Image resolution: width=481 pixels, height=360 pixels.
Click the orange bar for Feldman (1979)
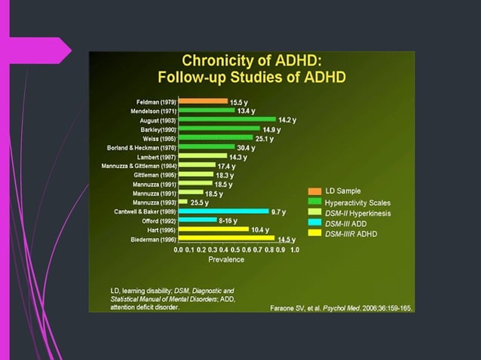[202, 101]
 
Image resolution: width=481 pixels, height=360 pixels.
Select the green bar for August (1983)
[227, 119]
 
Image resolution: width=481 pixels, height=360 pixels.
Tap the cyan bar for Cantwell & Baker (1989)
[223, 212]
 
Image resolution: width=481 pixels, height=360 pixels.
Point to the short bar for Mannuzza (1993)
[182, 202]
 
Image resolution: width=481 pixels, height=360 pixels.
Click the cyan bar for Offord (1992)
[197, 221]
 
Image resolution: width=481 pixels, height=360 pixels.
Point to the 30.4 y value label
[246, 148]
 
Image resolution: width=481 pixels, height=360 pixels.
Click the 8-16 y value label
[228, 221]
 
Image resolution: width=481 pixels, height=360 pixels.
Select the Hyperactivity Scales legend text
[358, 203]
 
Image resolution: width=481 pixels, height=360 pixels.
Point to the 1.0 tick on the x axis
[294, 249]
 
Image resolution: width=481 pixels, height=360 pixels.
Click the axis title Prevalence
[226, 260]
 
